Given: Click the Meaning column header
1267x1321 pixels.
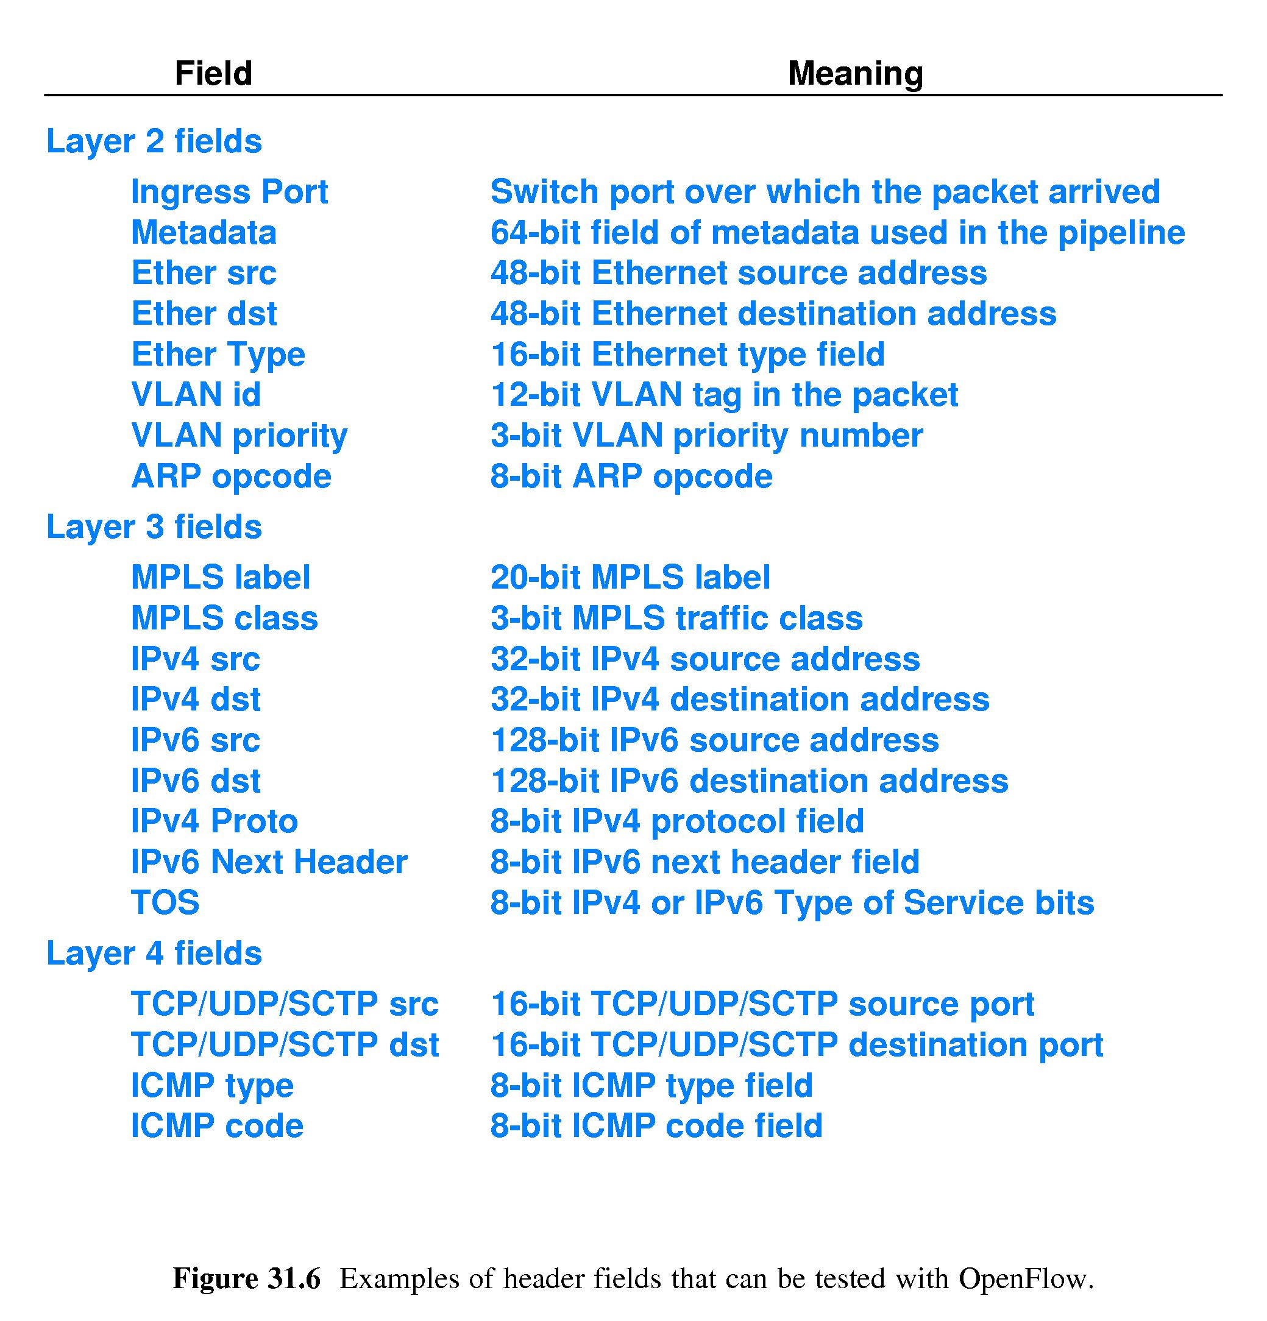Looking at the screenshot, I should point(854,74).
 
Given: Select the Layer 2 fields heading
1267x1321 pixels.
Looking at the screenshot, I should point(154,141).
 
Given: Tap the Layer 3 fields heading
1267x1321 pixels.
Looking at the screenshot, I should point(154,527).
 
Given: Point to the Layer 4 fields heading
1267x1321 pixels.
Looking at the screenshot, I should point(154,954).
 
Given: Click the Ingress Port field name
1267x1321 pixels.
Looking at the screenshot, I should point(229,192).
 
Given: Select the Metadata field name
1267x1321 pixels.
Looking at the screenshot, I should point(204,233).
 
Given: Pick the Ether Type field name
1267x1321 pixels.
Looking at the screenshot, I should point(218,355).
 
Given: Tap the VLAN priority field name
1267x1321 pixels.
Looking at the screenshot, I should point(240,436).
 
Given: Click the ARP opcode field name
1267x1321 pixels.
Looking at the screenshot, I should point(231,476).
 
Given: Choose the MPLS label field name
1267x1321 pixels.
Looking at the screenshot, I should point(221,578).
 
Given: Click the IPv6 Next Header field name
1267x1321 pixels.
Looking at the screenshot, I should point(269,862).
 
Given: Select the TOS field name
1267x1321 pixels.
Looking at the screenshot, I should point(165,903).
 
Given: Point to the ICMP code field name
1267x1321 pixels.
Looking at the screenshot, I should point(217,1126).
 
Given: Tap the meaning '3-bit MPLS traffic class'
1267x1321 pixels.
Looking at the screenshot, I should point(676,618).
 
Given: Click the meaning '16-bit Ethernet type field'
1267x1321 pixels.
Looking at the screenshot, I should point(687,355).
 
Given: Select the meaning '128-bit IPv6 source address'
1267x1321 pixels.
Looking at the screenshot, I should point(714,741).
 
